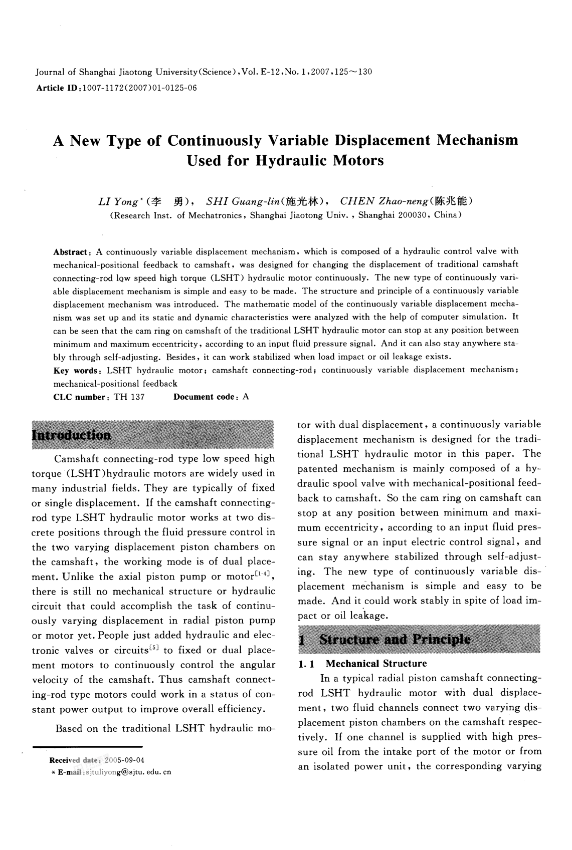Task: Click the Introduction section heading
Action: tap(71, 434)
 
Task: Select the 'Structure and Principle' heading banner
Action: tap(395, 639)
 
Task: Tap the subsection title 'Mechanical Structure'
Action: tap(376, 664)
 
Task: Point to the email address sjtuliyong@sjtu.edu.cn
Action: tap(128, 772)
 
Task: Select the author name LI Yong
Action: tap(119, 202)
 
